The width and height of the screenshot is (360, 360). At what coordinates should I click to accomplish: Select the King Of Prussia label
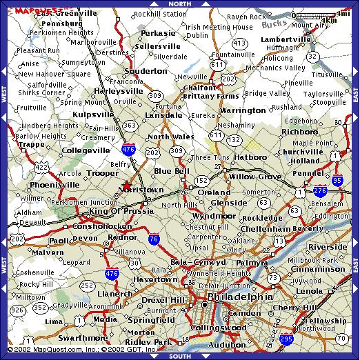[x=114, y=212]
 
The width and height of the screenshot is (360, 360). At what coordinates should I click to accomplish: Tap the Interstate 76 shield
[x=153, y=239]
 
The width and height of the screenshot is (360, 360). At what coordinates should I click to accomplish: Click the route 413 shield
[x=239, y=43]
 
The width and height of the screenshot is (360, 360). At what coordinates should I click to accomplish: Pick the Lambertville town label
[x=284, y=40]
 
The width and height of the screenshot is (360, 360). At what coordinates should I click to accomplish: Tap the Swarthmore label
[x=64, y=339]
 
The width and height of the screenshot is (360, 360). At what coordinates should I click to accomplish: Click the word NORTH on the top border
[x=179, y=3]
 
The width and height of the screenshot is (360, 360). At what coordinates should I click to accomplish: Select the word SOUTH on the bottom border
[x=179, y=356]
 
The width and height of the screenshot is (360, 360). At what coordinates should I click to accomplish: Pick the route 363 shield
[x=130, y=125]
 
